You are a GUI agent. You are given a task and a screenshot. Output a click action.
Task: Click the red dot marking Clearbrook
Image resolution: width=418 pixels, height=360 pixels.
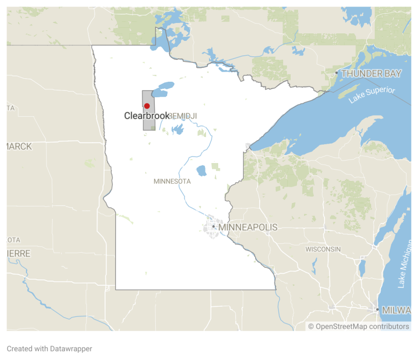click(147, 106)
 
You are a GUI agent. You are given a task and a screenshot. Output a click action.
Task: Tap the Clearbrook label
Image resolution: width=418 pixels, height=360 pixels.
click(147, 116)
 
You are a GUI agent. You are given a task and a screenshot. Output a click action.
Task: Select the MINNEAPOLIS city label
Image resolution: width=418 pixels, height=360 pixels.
click(248, 227)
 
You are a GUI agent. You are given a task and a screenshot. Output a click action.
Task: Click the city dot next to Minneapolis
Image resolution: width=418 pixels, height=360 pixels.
click(213, 226)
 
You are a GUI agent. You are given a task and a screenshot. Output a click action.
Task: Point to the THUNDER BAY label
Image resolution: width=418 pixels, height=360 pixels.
click(371, 73)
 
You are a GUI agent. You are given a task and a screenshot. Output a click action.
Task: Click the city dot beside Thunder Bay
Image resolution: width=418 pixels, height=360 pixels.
click(336, 73)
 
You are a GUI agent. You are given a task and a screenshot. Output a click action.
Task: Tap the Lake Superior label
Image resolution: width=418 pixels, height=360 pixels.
click(372, 95)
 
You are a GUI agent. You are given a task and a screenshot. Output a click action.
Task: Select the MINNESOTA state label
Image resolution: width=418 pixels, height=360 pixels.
click(172, 181)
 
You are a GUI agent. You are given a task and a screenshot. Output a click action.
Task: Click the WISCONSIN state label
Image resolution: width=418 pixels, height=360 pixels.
click(323, 249)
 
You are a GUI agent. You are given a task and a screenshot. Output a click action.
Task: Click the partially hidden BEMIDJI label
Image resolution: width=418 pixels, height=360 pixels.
click(184, 116)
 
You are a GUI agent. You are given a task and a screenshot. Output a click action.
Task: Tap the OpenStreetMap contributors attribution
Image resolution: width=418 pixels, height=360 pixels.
click(359, 327)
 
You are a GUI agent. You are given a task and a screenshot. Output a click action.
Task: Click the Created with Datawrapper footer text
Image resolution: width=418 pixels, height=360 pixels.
click(49, 349)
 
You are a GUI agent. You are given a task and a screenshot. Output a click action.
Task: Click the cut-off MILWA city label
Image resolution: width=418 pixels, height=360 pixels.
click(397, 310)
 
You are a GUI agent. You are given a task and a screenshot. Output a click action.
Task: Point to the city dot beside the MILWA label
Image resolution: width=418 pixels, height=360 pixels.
click(378, 310)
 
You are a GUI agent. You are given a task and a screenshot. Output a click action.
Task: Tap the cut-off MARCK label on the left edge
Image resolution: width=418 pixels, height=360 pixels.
click(19, 147)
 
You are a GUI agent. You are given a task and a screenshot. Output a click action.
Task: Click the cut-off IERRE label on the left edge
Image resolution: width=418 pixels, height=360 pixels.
click(18, 254)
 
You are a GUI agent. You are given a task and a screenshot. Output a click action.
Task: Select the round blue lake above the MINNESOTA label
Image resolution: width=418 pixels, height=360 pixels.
click(201, 171)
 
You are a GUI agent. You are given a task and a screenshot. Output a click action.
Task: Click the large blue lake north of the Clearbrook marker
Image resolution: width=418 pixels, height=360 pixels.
click(162, 91)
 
